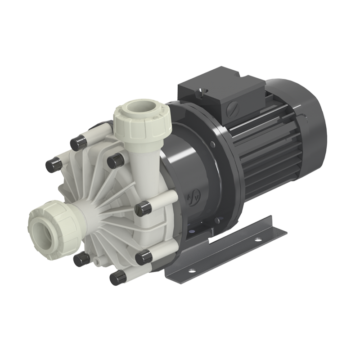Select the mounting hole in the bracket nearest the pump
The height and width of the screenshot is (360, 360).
pos(191,271)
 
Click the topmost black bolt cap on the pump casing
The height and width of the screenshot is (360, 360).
pos(77,144)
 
